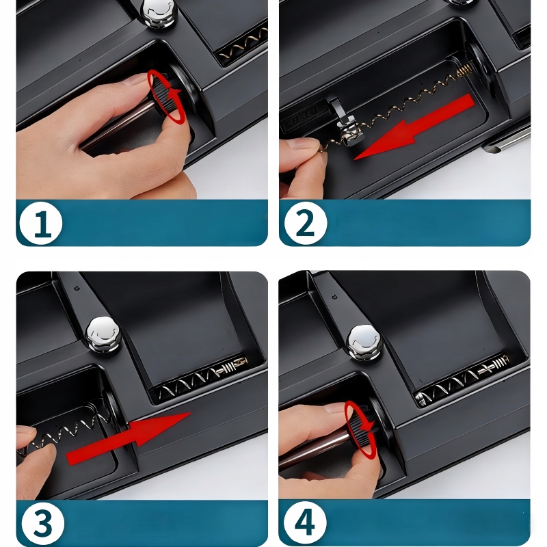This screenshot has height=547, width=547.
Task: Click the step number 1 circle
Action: point(41,223)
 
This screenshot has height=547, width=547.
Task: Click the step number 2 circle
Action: point(306,223)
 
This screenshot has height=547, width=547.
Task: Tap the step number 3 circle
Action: point(43,523)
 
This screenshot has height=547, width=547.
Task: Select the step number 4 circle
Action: point(305,523)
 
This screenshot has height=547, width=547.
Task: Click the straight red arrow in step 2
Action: point(415,127)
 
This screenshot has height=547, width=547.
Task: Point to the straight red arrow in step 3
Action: point(129,438)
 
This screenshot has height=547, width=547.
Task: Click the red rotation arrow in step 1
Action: point(166,96)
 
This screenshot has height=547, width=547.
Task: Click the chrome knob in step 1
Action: point(159,14)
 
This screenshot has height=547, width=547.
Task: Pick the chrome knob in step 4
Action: point(364,343)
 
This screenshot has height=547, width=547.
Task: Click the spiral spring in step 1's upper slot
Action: point(244,44)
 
